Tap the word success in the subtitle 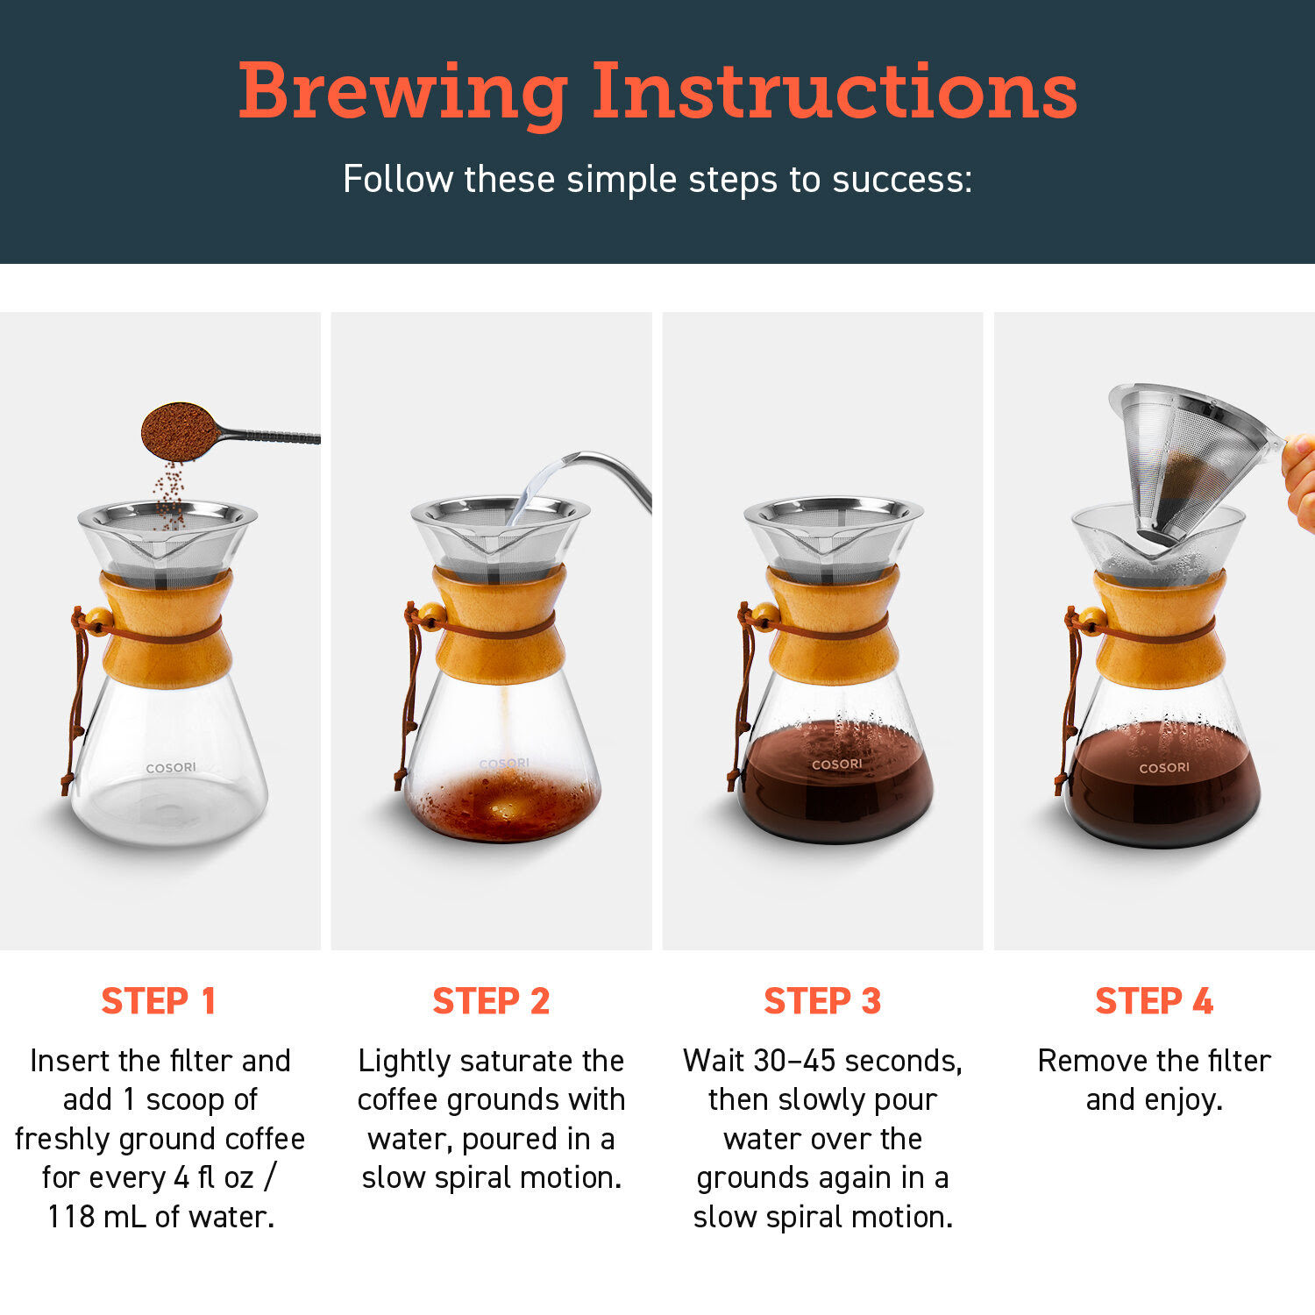click(x=902, y=180)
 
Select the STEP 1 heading click(x=159, y=1001)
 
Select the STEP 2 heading click(x=491, y=1001)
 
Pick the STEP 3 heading click(x=822, y=1001)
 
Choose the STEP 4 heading click(x=1154, y=1001)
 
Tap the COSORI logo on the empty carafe click(x=171, y=768)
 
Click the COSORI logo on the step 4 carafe click(x=1164, y=768)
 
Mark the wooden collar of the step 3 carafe click(x=833, y=625)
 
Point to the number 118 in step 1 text click(x=71, y=1217)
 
